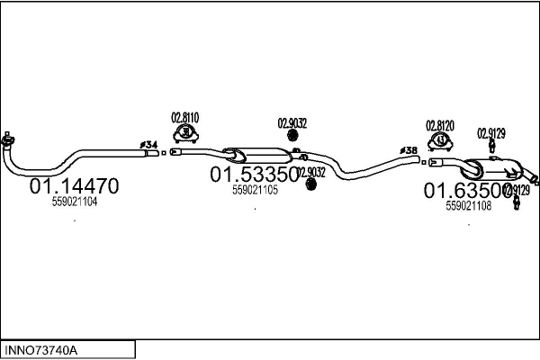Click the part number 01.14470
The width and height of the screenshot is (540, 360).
tap(75, 187)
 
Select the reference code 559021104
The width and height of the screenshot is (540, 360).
tap(75, 202)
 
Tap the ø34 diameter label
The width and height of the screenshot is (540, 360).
tap(148, 144)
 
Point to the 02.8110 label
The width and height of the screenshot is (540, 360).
tap(184, 117)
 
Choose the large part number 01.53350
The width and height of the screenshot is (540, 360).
tap(255, 173)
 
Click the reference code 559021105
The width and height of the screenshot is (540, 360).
tap(255, 190)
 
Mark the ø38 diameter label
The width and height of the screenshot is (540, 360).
tap(409, 150)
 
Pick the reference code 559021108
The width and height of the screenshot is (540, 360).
tap(468, 205)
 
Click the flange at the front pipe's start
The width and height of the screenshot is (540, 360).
tap(8, 139)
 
